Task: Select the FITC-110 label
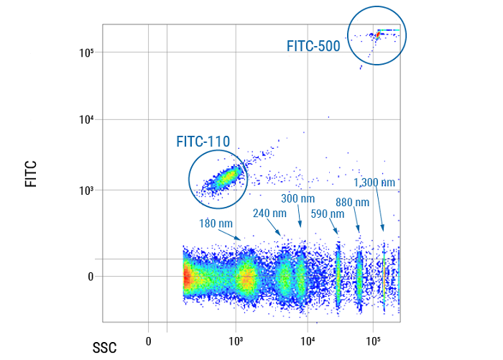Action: click(x=203, y=142)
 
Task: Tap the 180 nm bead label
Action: click(x=216, y=223)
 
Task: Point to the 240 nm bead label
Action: click(x=270, y=213)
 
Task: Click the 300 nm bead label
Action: click(x=297, y=198)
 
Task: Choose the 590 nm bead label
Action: click(x=328, y=213)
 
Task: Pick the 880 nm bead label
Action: click(x=353, y=203)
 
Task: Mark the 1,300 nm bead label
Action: click(x=374, y=183)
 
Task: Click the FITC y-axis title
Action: click(x=31, y=174)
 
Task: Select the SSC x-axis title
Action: click(x=103, y=348)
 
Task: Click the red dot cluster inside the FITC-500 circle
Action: click(x=377, y=34)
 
